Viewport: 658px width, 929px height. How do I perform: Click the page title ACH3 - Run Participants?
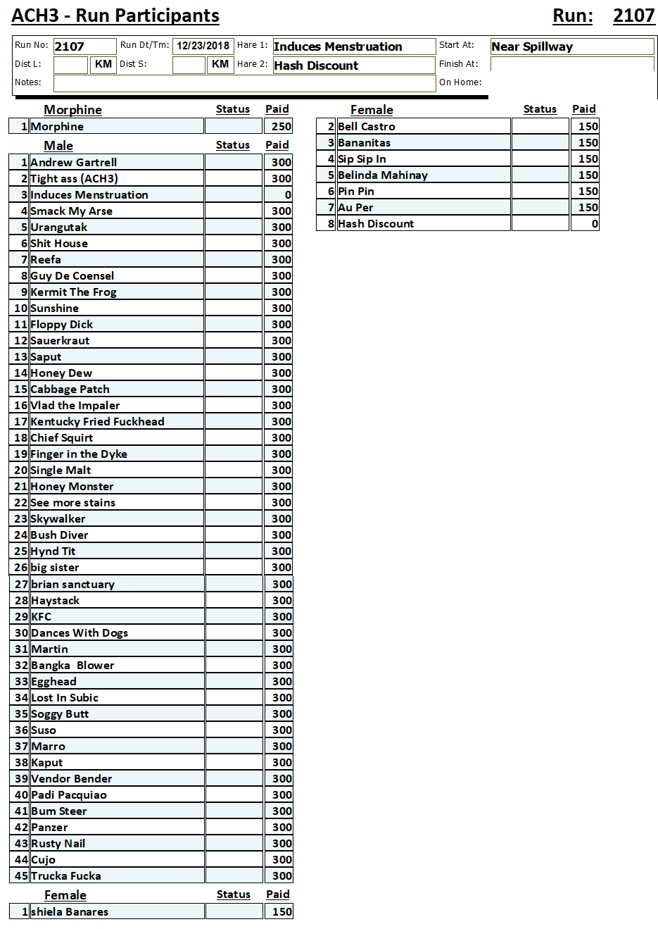pos(115,15)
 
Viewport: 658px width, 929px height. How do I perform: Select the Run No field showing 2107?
pos(84,46)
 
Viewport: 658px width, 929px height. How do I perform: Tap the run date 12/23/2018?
pos(203,46)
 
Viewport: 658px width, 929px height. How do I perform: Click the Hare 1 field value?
pos(353,46)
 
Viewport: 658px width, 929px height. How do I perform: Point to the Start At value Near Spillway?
pos(571,46)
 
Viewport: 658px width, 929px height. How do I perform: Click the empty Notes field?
pos(244,83)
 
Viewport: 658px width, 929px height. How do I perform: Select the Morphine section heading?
pos(72,110)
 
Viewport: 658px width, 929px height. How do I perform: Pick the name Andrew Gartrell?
pos(74,163)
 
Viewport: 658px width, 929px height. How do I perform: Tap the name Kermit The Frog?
pos(74,292)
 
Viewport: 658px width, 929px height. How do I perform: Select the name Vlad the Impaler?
pos(75,406)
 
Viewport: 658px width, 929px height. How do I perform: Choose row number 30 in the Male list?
pos(21,633)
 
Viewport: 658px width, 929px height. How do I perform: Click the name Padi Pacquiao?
pos(69,795)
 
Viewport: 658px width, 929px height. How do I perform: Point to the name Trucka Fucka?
pos(66,876)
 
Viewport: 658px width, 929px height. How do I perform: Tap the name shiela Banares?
pos(70,912)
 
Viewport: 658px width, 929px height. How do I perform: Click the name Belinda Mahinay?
pos(383,175)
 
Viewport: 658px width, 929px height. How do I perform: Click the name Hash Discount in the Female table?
pos(376,224)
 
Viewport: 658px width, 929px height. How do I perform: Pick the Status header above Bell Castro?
pos(540,109)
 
